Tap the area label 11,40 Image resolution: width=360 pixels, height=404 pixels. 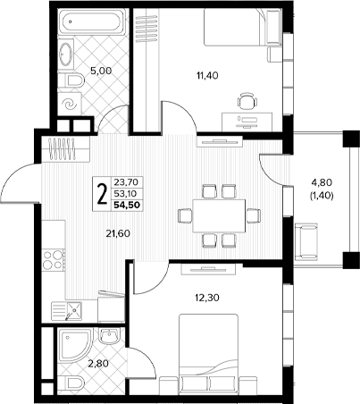207,76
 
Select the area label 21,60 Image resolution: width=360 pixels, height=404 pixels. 118,233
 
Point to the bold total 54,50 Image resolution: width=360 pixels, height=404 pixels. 127,205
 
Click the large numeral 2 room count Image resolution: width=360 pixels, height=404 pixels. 102,193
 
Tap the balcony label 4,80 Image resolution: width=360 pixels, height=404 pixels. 322,181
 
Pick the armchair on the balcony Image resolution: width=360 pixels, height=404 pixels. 306,240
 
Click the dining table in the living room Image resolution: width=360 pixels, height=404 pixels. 219,215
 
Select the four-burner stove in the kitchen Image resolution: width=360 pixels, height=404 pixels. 54,260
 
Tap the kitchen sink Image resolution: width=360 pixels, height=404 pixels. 73,310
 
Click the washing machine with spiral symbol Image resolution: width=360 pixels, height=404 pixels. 70,104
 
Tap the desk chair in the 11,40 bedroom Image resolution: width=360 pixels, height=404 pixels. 247,100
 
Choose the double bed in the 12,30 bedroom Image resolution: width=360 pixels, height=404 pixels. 208,352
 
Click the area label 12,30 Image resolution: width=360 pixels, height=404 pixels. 207,298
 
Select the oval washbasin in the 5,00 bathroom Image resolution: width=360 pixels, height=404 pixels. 66,55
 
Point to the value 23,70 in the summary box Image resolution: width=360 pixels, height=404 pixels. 125,181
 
